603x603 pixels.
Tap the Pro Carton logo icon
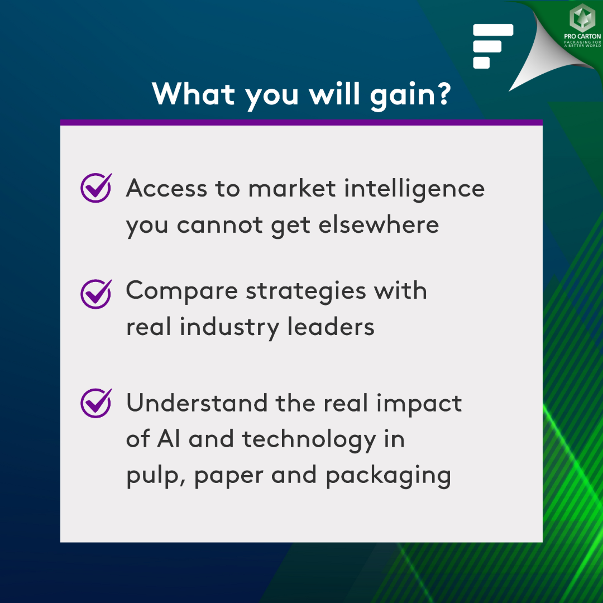tap(582, 18)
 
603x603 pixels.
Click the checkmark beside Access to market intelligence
tap(96, 188)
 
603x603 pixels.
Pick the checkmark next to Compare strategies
tap(96, 294)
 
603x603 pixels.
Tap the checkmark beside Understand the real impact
tap(96, 403)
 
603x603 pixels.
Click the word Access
tap(166, 189)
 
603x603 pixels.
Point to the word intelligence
tap(414, 189)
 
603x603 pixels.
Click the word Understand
tap(197, 403)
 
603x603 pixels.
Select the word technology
tap(309, 440)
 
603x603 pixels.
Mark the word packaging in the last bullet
tap(388, 476)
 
